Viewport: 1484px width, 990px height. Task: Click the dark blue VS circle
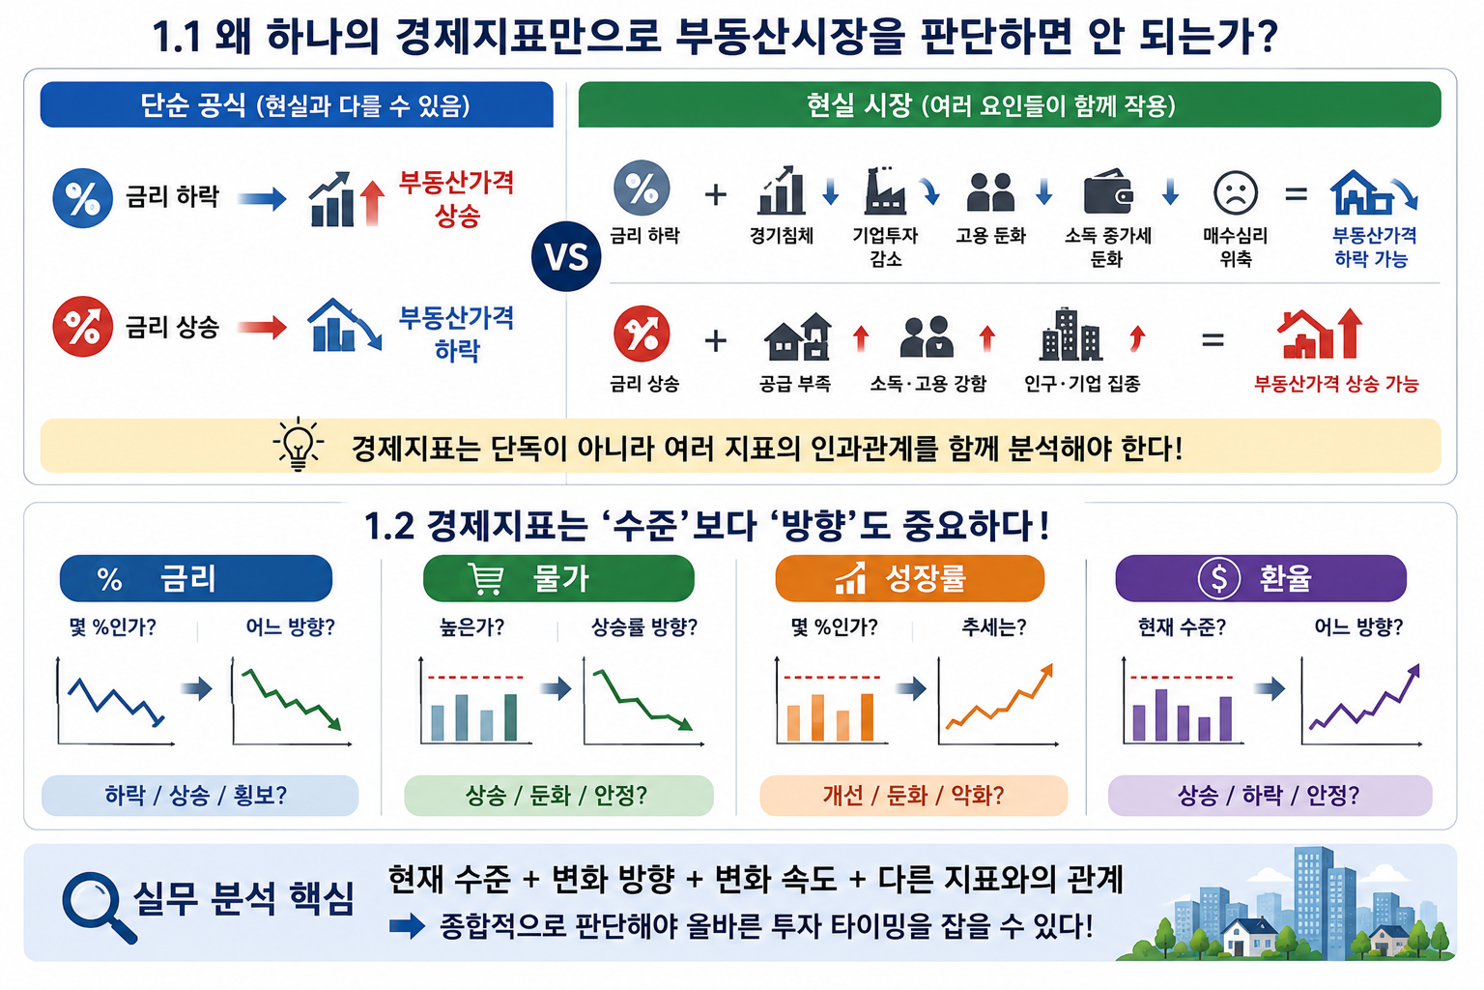tap(566, 256)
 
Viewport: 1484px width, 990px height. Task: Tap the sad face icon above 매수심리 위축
tap(1235, 193)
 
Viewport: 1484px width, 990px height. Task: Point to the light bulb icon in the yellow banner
tap(299, 444)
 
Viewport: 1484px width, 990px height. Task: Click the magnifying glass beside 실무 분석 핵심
tap(98, 907)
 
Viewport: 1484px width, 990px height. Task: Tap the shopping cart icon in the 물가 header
tap(487, 578)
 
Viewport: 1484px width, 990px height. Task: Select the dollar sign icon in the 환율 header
tap(1218, 578)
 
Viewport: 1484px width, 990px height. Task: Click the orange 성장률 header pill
tap(909, 578)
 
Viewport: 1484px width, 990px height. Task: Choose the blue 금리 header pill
tap(196, 578)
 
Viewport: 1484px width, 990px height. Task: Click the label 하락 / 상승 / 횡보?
tap(196, 795)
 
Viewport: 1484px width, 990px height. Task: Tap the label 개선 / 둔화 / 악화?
tap(914, 795)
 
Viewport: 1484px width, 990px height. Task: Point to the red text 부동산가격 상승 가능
tap(1336, 383)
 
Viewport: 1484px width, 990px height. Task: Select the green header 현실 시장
tap(1010, 104)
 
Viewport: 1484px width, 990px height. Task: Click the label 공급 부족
tap(795, 383)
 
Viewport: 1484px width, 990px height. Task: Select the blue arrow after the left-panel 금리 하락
tap(263, 198)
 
